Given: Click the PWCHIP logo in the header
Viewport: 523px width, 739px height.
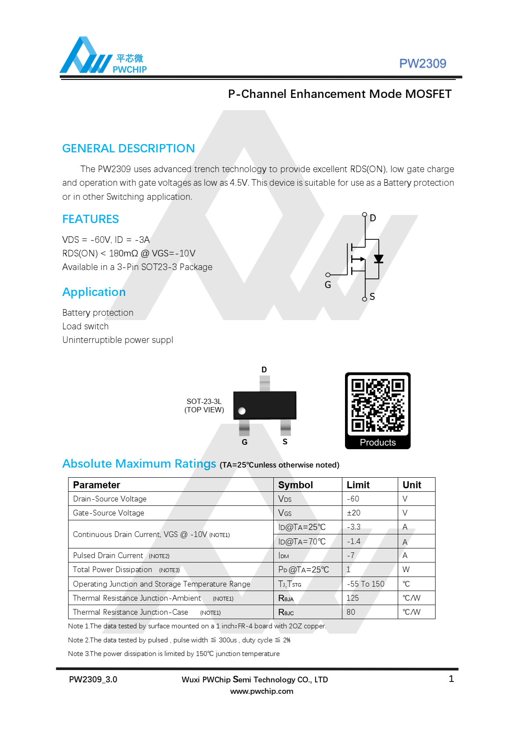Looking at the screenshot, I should click(103, 56).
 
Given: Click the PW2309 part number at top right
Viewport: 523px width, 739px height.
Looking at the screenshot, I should click(422, 64).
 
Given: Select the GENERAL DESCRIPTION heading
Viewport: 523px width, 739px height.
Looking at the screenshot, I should click(128, 148).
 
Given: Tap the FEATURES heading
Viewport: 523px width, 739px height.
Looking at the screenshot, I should click(91, 219).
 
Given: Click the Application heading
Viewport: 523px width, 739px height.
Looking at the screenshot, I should click(94, 292).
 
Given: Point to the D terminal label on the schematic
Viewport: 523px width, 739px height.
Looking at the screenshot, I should click(373, 218).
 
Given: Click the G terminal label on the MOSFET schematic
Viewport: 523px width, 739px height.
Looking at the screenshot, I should click(328, 285).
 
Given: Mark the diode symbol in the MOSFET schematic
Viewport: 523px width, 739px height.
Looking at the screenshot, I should click(378, 259).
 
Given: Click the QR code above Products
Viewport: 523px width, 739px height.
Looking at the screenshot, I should click(378, 405).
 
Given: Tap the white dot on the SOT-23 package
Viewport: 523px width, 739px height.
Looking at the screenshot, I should click(242, 411).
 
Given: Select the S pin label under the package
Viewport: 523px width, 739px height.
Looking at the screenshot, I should click(285, 442).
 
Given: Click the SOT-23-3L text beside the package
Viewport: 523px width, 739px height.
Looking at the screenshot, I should click(204, 401).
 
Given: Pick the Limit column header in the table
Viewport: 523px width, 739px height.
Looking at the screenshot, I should click(358, 485).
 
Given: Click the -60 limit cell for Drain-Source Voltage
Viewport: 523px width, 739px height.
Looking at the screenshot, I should click(353, 499).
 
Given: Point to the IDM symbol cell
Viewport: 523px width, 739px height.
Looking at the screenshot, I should click(283, 555).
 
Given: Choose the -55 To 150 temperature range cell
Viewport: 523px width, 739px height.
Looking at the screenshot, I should click(366, 584).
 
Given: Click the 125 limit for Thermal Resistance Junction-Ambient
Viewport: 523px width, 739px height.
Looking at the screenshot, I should click(352, 598).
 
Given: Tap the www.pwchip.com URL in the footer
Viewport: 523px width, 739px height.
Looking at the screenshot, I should click(261, 691).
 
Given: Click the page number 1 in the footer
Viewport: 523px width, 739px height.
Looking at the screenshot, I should click(451, 679).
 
